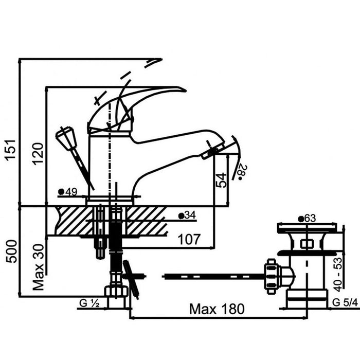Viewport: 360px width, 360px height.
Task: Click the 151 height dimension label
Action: (x=11, y=150)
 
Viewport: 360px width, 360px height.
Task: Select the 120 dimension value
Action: (x=38, y=154)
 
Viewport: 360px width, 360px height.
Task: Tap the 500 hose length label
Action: (x=11, y=251)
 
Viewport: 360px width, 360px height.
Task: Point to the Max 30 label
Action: (x=38, y=267)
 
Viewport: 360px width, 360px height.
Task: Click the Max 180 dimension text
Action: (x=217, y=309)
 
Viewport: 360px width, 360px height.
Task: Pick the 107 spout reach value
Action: (x=189, y=239)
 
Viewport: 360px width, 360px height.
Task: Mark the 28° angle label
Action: (x=242, y=172)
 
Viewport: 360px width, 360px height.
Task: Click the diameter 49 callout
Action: (x=68, y=191)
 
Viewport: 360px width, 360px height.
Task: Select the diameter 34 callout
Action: (x=187, y=215)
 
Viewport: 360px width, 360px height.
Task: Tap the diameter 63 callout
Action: (x=307, y=219)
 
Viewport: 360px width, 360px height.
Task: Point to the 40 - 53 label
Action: (x=338, y=275)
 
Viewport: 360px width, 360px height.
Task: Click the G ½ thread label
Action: (x=89, y=303)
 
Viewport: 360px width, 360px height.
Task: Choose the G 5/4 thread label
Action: (x=345, y=302)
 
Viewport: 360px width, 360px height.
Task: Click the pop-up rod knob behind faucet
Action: (x=66, y=138)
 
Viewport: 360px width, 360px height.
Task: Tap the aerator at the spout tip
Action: (x=213, y=151)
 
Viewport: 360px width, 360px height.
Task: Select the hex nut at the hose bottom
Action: (x=116, y=292)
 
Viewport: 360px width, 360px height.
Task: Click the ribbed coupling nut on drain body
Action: (x=272, y=277)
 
